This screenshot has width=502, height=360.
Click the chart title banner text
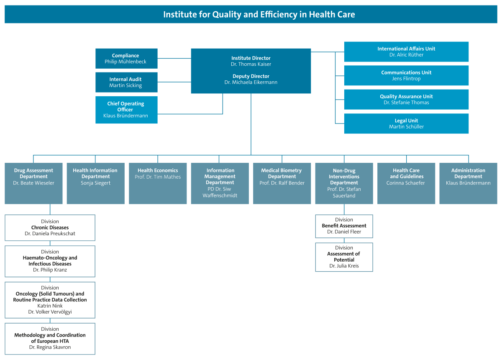coord(259,14)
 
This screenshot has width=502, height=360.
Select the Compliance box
coord(126,59)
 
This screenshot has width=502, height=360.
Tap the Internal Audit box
coord(126,82)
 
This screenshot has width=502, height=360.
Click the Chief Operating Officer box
coord(126,110)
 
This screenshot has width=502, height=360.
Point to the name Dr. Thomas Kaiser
coord(251,64)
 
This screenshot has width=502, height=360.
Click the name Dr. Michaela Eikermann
coord(251,82)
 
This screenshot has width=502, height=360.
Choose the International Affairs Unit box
coord(406,51)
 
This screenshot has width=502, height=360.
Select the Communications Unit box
coord(406,75)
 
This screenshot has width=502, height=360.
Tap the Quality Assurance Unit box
coord(406,99)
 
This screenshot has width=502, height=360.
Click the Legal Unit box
coord(406,123)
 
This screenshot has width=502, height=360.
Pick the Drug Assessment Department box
coord(33,183)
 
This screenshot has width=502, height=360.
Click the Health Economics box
coord(158,183)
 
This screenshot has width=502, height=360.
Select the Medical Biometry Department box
coord(282,183)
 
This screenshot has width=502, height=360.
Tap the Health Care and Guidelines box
coord(406,183)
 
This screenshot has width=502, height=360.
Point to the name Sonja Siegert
coord(96,183)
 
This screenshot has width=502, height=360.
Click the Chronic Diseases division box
coord(50,228)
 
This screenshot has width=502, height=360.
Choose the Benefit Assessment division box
coord(344,226)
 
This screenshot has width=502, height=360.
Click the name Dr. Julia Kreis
coord(344,266)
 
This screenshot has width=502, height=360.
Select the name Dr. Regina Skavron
coord(50,347)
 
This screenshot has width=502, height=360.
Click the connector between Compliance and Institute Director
coord(174,58)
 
